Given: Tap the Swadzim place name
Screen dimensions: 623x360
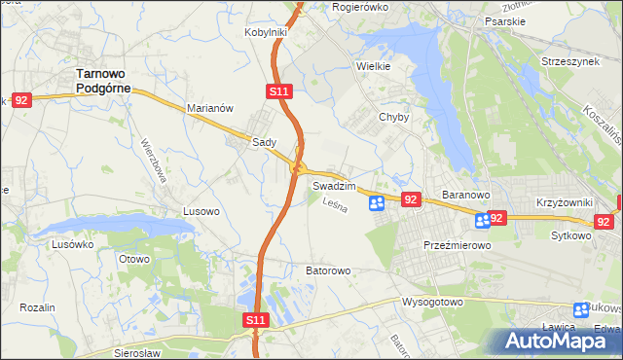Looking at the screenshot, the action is (333, 185).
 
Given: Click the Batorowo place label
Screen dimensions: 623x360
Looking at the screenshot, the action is (328, 270).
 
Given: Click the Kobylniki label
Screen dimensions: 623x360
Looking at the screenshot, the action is (265, 32).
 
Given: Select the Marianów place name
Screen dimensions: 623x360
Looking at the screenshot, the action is (209, 109).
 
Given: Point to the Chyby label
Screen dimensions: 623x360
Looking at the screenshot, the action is (393, 117).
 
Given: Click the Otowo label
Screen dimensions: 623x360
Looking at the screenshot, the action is (133, 260).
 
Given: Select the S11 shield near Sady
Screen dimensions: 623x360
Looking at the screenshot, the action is (278, 91).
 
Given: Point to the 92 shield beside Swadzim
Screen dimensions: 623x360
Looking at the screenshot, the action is (410, 199).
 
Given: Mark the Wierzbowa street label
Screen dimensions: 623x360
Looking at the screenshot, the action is (155, 159).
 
